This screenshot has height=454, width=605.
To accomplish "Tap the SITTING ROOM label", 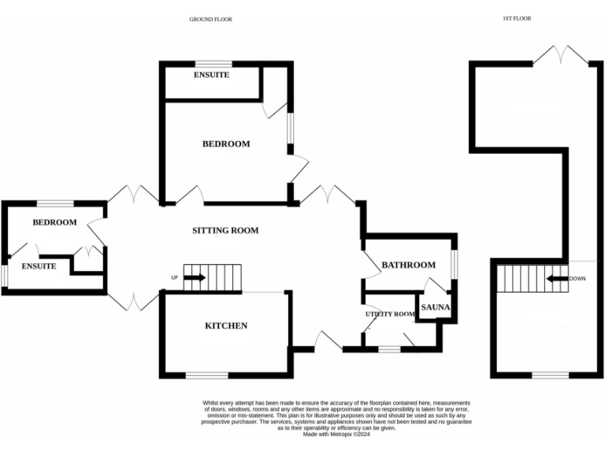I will (225, 231).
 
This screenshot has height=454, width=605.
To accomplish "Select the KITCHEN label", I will (226, 326).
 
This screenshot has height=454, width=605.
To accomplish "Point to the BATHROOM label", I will (408, 265).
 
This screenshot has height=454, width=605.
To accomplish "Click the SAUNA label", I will (435, 307).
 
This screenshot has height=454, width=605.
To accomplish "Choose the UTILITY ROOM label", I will (389, 314).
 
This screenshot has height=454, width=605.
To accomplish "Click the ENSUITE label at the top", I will (211, 75).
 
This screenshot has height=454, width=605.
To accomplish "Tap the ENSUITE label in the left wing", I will (39, 266).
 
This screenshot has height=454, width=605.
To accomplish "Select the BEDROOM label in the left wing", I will (54, 222).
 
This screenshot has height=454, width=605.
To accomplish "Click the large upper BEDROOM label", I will (226, 144).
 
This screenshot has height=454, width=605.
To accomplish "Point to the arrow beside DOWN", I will (559, 278).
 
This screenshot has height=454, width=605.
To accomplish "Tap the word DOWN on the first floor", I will (577, 278).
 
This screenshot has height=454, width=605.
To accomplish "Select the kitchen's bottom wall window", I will (206, 374).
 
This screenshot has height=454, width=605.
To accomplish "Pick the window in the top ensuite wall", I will (213, 63).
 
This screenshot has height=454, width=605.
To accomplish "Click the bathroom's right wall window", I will (454, 263).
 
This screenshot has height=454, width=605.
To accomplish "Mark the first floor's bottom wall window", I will (551, 374).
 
